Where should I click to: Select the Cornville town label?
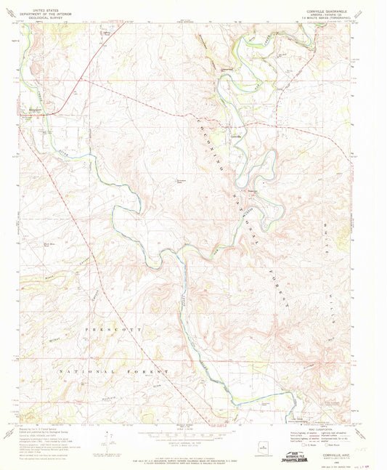pos(236,136)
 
